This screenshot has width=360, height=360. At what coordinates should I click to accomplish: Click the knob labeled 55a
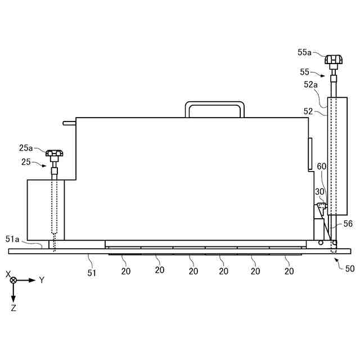pos(334,60)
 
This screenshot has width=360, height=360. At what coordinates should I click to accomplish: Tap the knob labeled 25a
pos(54,153)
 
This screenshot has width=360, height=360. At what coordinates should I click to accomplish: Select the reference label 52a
pos(310,85)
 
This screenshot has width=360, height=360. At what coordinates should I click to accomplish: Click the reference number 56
pos(348,224)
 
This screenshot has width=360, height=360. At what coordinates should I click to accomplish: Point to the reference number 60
pos(321,166)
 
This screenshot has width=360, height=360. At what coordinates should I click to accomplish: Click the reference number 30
pos(319,191)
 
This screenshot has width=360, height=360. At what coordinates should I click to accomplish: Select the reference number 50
pos(350,268)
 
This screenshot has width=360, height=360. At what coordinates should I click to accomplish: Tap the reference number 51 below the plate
pos(92,273)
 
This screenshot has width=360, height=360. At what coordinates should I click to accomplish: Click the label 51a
pos(12,239)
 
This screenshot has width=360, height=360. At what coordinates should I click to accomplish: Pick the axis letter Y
pos(42,280)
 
